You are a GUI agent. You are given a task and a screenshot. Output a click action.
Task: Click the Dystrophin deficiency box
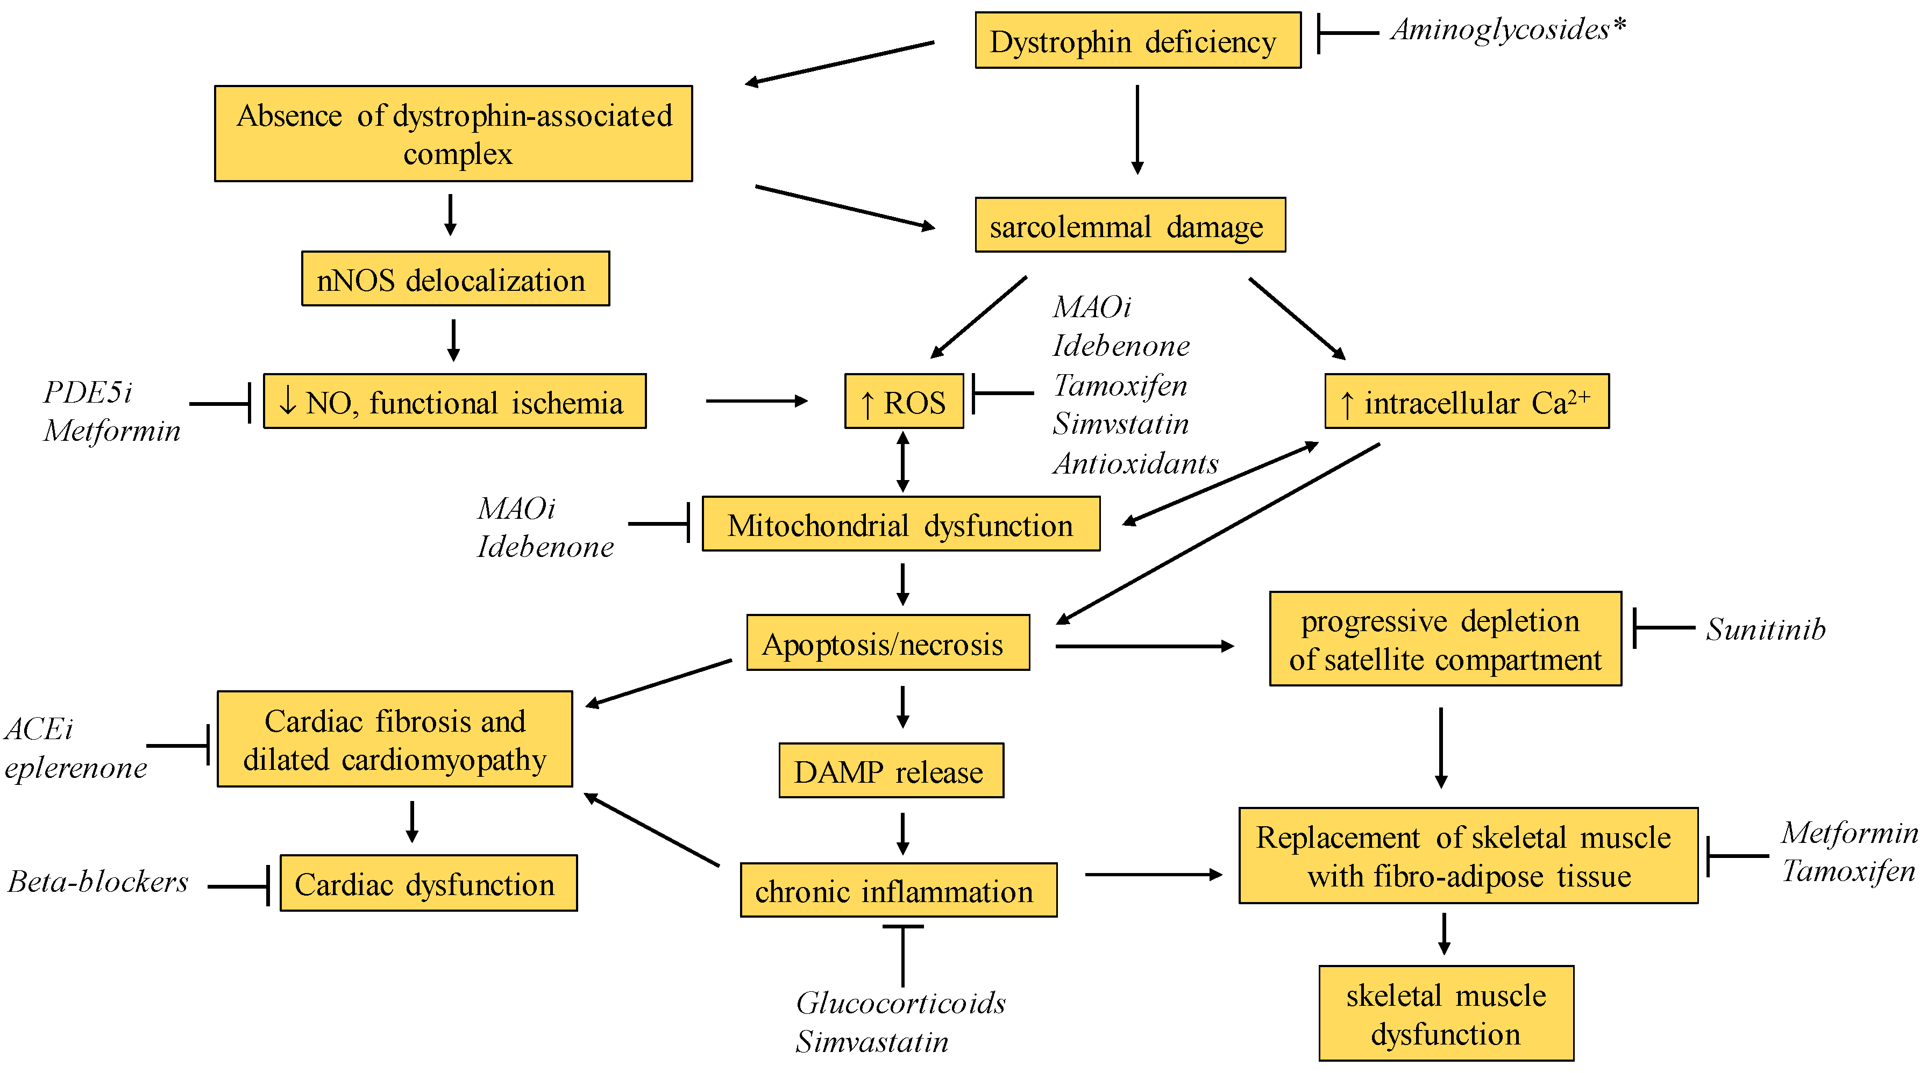(1137, 41)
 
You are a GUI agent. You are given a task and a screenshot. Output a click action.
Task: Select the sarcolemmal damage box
(1129, 226)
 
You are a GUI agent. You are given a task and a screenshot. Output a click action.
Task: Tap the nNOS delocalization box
(455, 279)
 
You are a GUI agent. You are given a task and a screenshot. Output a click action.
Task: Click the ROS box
(904, 402)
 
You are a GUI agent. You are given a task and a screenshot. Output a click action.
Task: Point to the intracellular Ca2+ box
(1466, 402)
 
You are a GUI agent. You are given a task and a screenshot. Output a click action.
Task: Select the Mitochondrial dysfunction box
(901, 525)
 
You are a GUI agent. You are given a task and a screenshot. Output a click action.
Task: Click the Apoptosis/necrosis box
(887, 643)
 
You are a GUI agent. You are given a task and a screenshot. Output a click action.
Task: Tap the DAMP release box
(890, 771)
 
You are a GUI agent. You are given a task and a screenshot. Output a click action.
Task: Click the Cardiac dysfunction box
(428, 884)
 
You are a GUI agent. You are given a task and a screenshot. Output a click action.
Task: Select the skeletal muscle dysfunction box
(1445, 1014)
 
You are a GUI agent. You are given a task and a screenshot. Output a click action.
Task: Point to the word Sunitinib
(1766, 630)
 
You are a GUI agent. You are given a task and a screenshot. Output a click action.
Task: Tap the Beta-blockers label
(98, 882)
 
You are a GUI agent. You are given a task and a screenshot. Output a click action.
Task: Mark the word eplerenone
(75, 768)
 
